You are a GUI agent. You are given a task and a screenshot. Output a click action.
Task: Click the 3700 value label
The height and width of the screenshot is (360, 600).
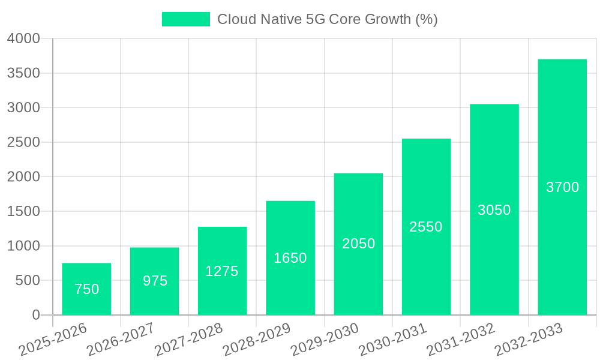[x=562, y=187]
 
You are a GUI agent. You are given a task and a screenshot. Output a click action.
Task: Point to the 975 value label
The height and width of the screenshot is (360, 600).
[x=155, y=281]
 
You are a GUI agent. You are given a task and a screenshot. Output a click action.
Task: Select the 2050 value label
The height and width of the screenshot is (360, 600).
[x=358, y=244]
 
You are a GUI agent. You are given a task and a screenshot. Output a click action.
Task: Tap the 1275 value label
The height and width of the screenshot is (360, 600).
[x=222, y=271]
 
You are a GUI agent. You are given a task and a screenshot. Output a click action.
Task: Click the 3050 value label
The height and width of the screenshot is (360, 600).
[x=494, y=210]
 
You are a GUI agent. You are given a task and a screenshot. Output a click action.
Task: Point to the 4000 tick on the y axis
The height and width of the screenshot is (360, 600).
[x=24, y=38]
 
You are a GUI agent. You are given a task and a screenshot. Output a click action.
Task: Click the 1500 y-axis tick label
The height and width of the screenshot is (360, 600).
[x=24, y=211]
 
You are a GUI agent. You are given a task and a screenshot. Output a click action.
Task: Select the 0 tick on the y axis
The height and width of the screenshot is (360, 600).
[x=35, y=315]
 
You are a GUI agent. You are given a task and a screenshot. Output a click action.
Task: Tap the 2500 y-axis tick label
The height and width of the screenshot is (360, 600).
[x=24, y=142]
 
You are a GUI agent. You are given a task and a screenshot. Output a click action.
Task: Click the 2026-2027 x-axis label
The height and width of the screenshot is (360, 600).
[x=120, y=340]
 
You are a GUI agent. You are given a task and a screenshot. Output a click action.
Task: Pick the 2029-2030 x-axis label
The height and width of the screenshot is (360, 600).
[x=325, y=340]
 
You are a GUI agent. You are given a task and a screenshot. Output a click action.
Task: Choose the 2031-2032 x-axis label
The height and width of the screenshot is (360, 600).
[x=461, y=340]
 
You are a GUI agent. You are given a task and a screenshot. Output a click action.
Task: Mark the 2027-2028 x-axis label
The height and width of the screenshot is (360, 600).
[x=188, y=340]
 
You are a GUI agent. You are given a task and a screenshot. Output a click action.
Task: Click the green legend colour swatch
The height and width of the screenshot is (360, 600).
[x=186, y=19]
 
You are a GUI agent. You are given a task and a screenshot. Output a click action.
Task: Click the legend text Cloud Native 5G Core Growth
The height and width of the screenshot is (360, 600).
[x=327, y=19]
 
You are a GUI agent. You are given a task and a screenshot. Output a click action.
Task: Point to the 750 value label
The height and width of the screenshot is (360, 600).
[x=86, y=289]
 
